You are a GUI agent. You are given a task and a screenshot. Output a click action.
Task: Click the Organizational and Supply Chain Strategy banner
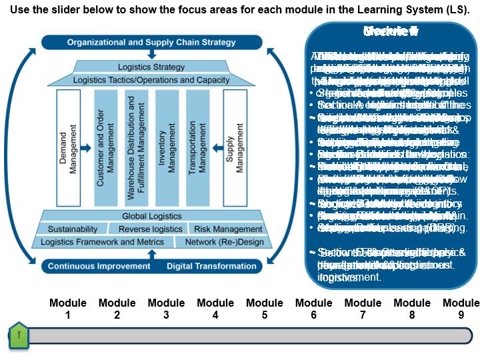pyautogui.click(x=151, y=42)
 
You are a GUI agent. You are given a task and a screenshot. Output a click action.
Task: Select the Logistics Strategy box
pyautogui.click(x=151, y=67)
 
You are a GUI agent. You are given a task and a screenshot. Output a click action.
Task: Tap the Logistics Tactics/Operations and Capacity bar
pyautogui.click(x=151, y=80)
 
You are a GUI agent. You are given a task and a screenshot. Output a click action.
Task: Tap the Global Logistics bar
pyautogui.click(x=151, y=216)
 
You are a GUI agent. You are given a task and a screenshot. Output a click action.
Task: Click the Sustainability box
pyautogui.click(x=73, y=229)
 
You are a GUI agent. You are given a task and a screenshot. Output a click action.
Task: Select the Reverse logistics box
pyautogui.click(x=150, y=229)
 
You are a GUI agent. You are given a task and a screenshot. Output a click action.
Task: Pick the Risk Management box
pyautogui.click(x=228, y=229)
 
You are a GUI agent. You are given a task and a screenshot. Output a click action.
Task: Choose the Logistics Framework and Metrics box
pyautogui.click(x=102, y=241)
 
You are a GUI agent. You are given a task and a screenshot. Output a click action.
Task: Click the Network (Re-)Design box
pyautogui.click(x=225, y=241)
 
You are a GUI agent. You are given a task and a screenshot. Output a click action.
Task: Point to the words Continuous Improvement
pyautogui.click(x=99, y=266)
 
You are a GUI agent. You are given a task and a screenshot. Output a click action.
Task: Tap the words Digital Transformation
pyautogui.click(x=211, y=266)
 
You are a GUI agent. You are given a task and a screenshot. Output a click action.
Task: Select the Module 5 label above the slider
pyautogui.click(x=265, y=309)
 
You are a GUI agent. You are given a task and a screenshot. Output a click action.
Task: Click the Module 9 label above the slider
pyautogui.click(x=461, y=309)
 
